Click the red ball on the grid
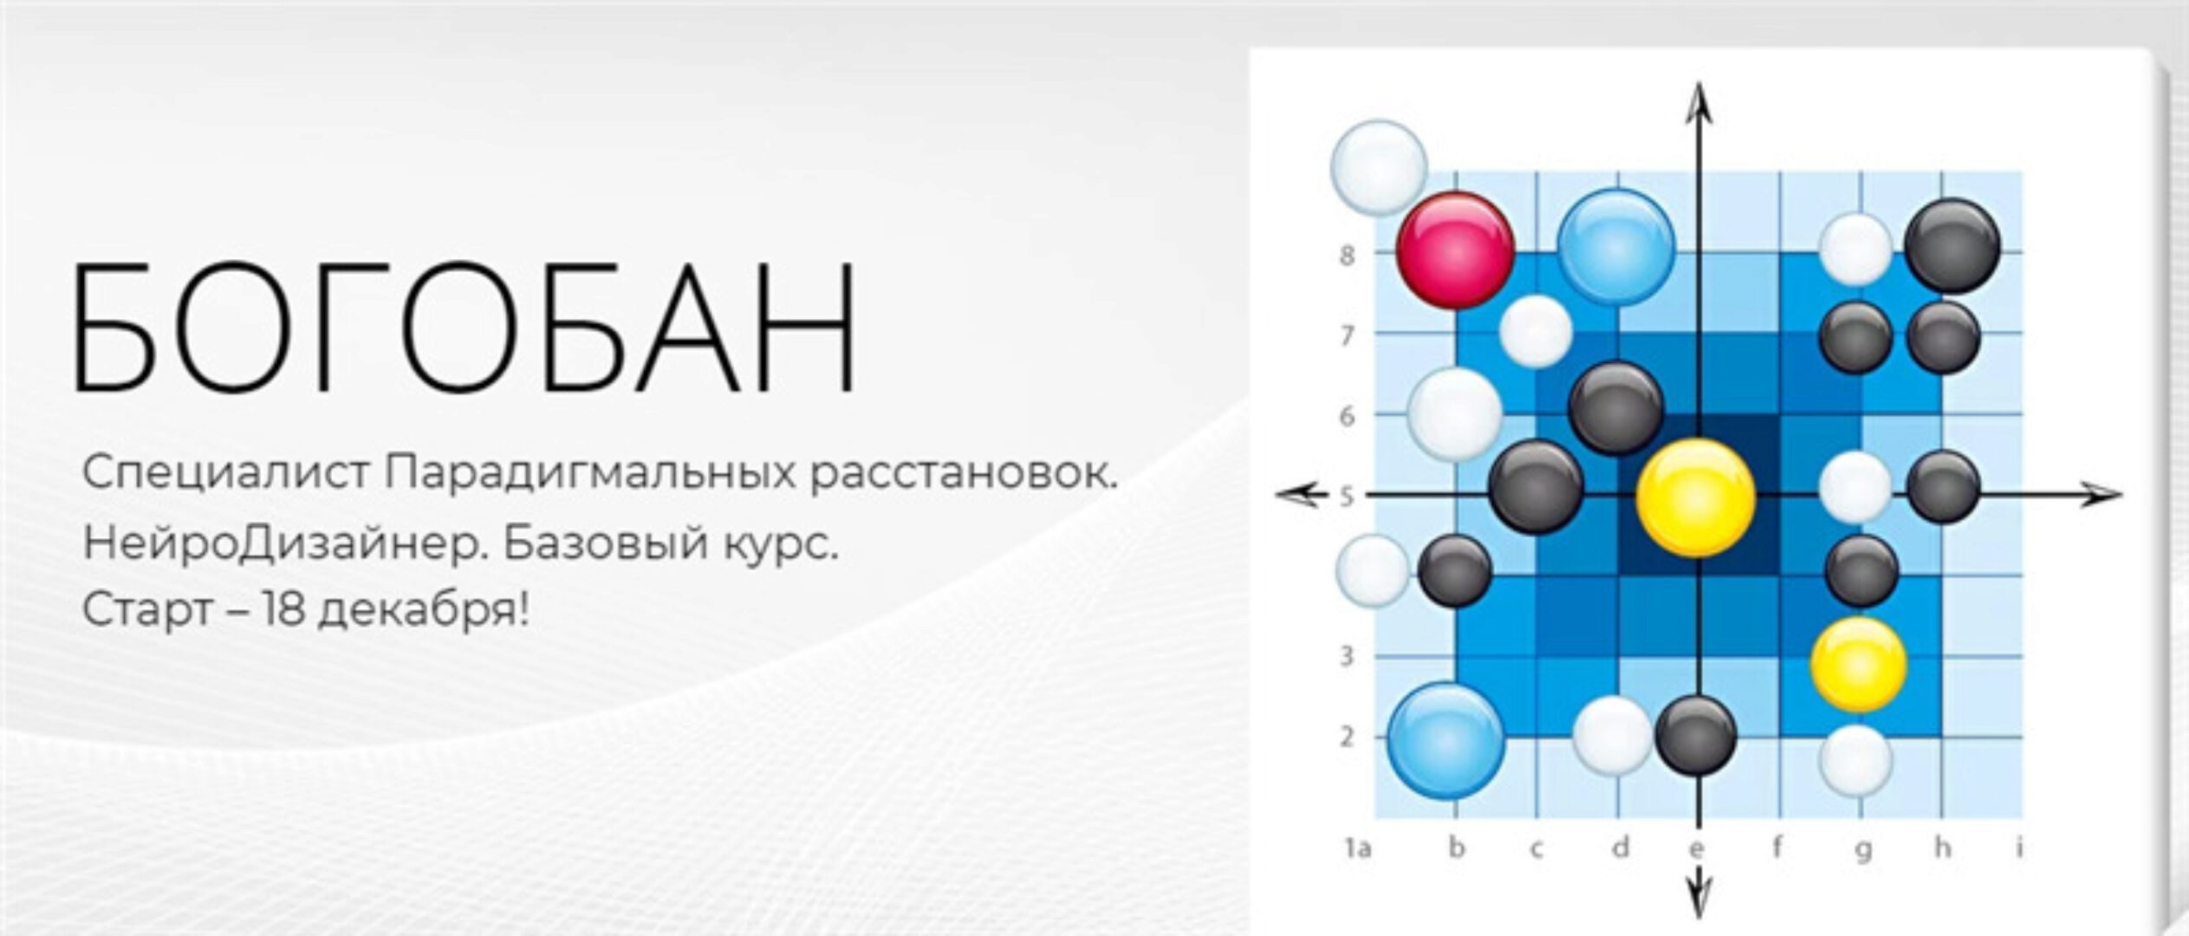tap(1456, 250)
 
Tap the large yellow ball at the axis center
tap(1695, 497)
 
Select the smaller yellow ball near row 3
tap(1858, 664)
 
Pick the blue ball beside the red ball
tap(1615, 247)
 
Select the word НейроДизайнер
tap(281, 544)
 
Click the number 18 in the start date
tap(283, 611)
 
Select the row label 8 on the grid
tap(1347, 256)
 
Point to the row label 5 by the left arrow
tap(1347, 497)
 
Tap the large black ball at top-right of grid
tap(1952, 246)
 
